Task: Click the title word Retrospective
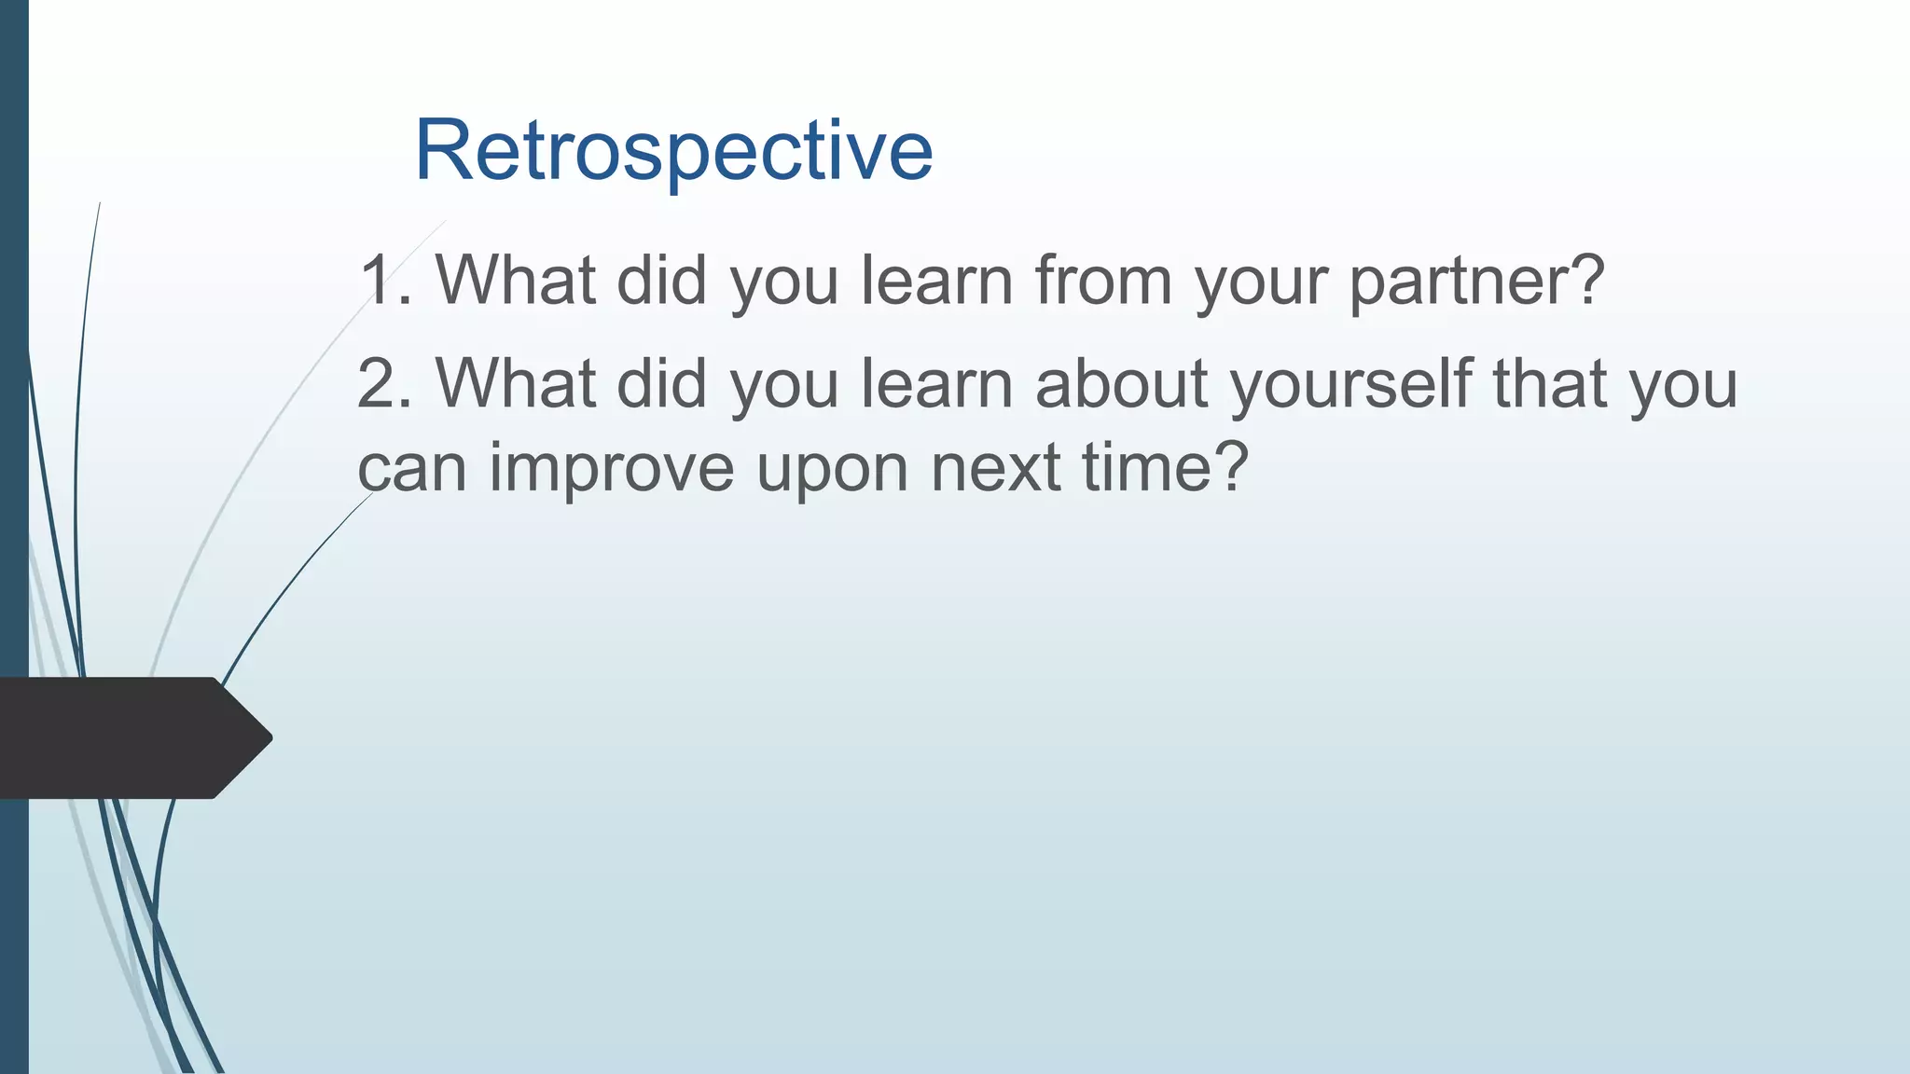[x=673, y=151]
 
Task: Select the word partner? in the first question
[x=1476, y=283]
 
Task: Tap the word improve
[x=612, y=470]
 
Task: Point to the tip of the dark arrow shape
[x=272, y=737]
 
